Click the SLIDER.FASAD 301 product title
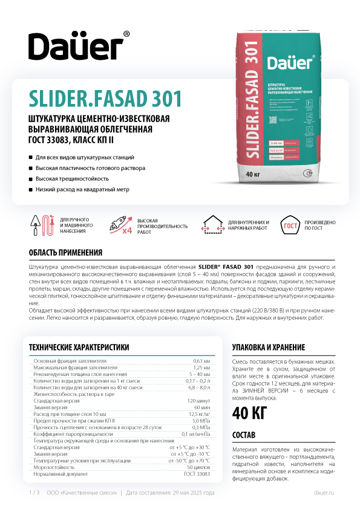pos(104,97)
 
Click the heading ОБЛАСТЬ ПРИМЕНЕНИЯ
pos(65,252)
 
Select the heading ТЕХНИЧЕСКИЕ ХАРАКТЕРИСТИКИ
pos(79,347)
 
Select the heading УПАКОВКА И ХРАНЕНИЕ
pos(269,348)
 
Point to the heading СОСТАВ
pos(244,435)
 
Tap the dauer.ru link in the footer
pos(324,493)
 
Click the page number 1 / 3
pos(34,493)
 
